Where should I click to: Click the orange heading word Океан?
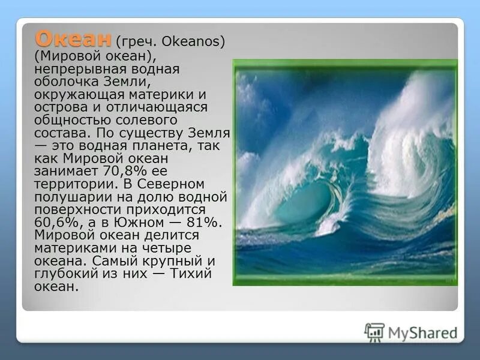(x=73, y=39)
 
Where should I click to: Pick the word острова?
(x=62, y=107)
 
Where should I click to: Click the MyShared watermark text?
(x=422, y=332)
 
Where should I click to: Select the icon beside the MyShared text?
(x=374, y=332)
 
